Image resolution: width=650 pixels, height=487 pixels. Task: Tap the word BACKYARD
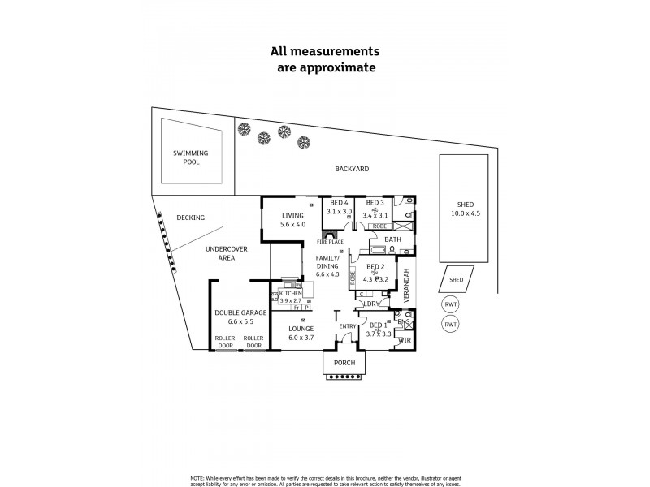point(353,169)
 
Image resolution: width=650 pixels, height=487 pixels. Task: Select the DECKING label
point(190,218)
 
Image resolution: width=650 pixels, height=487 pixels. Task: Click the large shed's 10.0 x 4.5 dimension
point(466,214)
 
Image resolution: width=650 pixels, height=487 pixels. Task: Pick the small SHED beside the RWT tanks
point(456,280)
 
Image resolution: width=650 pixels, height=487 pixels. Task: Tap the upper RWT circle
point(450,304)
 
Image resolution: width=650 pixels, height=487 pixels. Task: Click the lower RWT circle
point(450,324)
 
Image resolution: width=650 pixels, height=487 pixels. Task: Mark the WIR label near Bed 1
point(405,340)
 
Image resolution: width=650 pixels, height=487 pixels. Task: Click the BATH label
point(392,239)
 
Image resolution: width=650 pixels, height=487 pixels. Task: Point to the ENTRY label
point(348,326)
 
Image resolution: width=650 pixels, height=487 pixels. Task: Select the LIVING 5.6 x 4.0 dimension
point(292,224)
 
